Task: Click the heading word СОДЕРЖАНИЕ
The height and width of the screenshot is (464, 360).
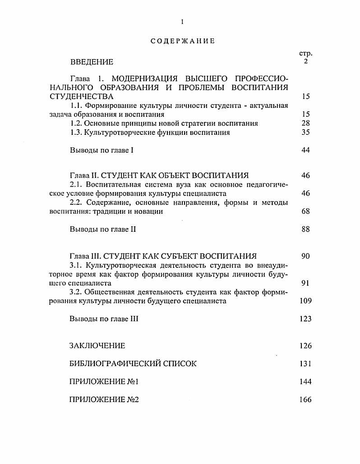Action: [183, 41]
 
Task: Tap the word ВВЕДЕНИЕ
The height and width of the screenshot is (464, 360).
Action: [92, 62]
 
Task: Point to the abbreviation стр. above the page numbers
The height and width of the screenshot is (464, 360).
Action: [305, 54]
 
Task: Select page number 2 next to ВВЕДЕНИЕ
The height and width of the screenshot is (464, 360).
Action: [305, 61]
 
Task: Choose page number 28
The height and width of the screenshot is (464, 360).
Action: [305, 123]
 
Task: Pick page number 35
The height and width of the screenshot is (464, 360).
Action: [305, 132]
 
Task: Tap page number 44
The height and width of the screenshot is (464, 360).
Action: [305, 150]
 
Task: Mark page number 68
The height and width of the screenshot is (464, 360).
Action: [305, 211]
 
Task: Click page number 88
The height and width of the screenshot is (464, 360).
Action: [305, 229]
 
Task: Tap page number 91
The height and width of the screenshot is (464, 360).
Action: [305, 283]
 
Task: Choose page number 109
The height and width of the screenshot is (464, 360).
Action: [305, 301]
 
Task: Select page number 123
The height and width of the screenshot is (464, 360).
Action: [305, 319]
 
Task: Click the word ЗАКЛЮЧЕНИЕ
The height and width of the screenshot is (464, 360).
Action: [97, 346]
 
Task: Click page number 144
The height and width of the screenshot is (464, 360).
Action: [305, 381]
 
